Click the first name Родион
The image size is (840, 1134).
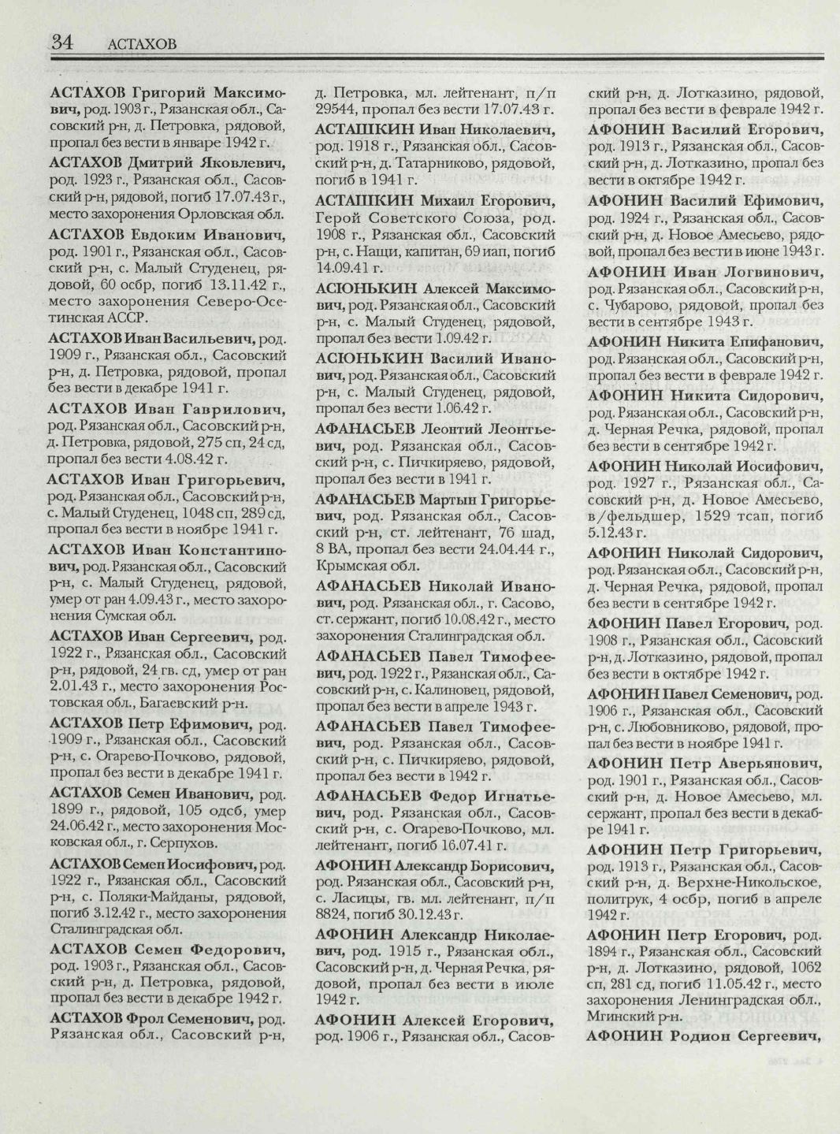705,1035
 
